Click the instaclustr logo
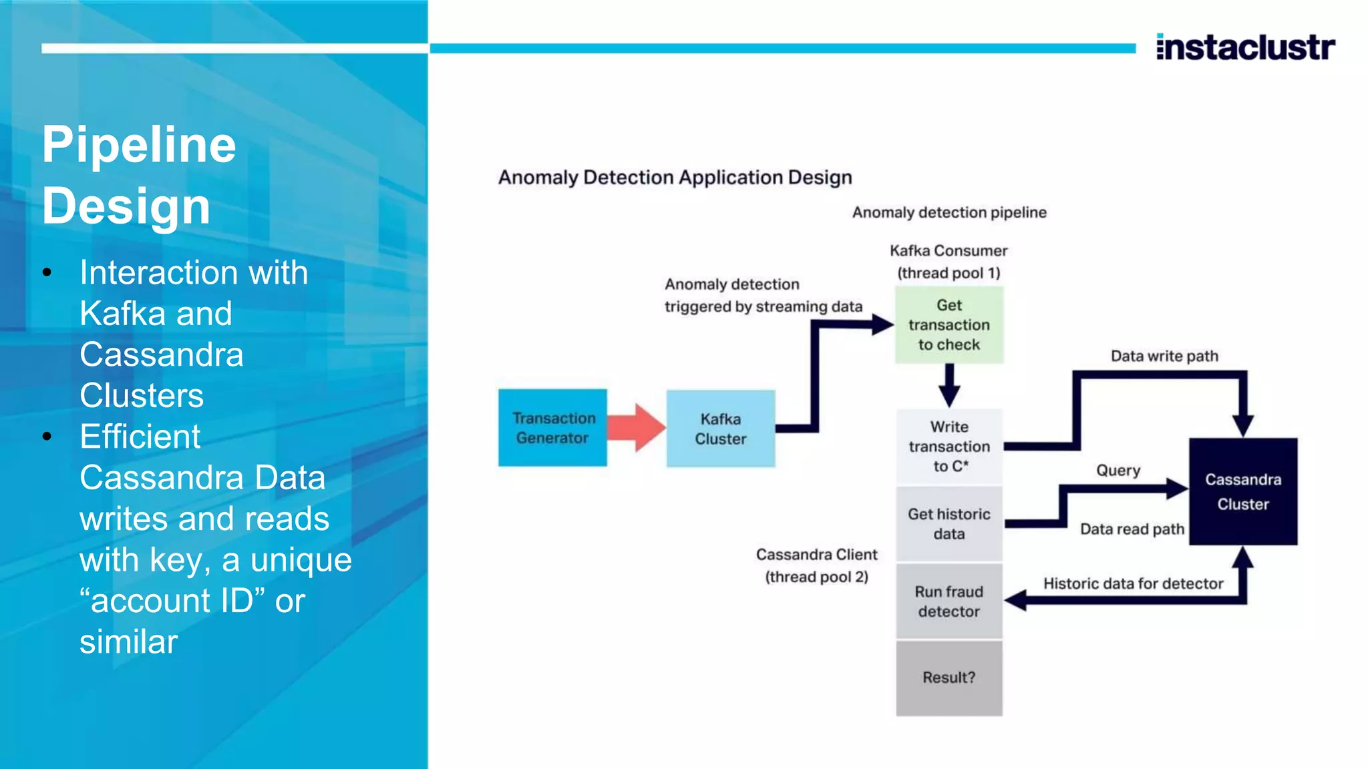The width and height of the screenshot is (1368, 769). tap(1245, 47)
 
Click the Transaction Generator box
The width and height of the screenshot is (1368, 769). tap(552, 428)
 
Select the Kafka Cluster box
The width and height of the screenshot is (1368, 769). tap(720, 429)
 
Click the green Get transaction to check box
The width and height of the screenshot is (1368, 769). tap(949, 325)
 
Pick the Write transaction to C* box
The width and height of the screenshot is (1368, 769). tap(949, 446)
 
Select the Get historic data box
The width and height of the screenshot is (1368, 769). tap(949, 524)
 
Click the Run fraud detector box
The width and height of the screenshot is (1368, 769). tap(949, 601)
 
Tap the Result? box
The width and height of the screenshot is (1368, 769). tap(949, 678)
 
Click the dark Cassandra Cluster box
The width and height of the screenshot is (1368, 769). tap(1242, 491)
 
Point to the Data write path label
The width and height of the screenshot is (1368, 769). tap(1164, 356)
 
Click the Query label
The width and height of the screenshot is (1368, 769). tap(1118, 471)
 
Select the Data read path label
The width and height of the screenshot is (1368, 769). tap(1132, 529)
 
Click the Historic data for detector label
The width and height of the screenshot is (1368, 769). tap(1133, 583)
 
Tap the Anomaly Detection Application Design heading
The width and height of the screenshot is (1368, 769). tap(675, 178)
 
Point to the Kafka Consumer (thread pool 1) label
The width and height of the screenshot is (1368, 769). tap(949, 262)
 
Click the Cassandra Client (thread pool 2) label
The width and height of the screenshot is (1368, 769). tap(816, 565)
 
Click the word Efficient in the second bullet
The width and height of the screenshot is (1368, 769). tap(140, 437)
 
